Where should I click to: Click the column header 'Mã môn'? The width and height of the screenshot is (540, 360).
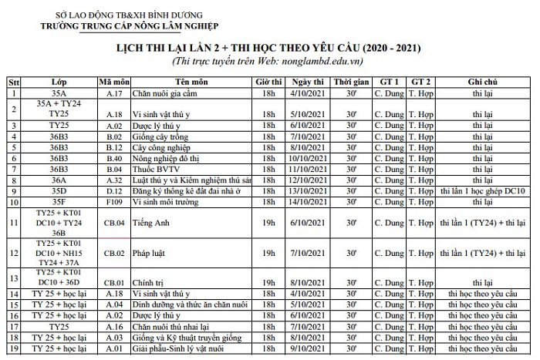pyautogui.click(x=115, y=82)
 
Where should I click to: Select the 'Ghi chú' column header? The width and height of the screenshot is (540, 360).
pyautogui.click(x=484, y=82)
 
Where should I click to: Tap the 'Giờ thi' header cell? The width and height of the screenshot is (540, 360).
pyautogui.click(x=269, y=82)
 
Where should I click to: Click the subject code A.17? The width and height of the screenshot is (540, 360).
pyautogui.click(x=115, y=93)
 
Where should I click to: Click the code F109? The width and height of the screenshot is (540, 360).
pyautogui.click(x=115, y=202)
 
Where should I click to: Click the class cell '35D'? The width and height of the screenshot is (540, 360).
pyautogui.click(x=59, y=190)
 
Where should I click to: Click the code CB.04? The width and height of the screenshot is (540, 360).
pyautogui.click(x=115, y=224)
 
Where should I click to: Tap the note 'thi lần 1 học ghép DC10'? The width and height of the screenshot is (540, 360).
pyautogui.click(x=484, y=190)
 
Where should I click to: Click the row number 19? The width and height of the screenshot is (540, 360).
pyautogui.click(x=14, y=348)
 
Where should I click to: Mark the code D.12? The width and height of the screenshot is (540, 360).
pyautogui.click(x=115, y=190)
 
